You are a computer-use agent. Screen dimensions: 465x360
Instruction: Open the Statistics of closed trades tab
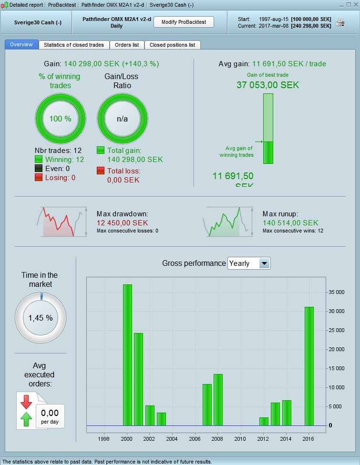(74, 45)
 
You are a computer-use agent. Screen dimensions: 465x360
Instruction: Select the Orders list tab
(127, 45)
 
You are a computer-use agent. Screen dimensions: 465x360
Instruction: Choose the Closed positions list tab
(172, 45)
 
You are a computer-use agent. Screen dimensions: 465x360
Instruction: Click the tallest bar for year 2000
(127, 355)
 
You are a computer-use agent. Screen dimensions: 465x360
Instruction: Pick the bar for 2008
(218, 400)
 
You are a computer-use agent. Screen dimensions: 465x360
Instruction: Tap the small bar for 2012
(264, 421)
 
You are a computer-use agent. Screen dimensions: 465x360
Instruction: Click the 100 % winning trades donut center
(61, 119)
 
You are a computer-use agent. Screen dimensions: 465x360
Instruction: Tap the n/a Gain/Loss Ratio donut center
(123, 119)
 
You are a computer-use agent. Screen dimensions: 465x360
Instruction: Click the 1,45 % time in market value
(41, 318)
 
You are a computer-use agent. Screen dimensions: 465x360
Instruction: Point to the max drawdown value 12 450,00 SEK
(122, 223)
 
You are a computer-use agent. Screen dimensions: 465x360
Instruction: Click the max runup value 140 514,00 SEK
(290, 223)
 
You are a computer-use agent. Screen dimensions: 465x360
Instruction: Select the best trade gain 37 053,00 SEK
(267, 85)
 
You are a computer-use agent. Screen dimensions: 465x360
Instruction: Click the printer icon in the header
(340, 22)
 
